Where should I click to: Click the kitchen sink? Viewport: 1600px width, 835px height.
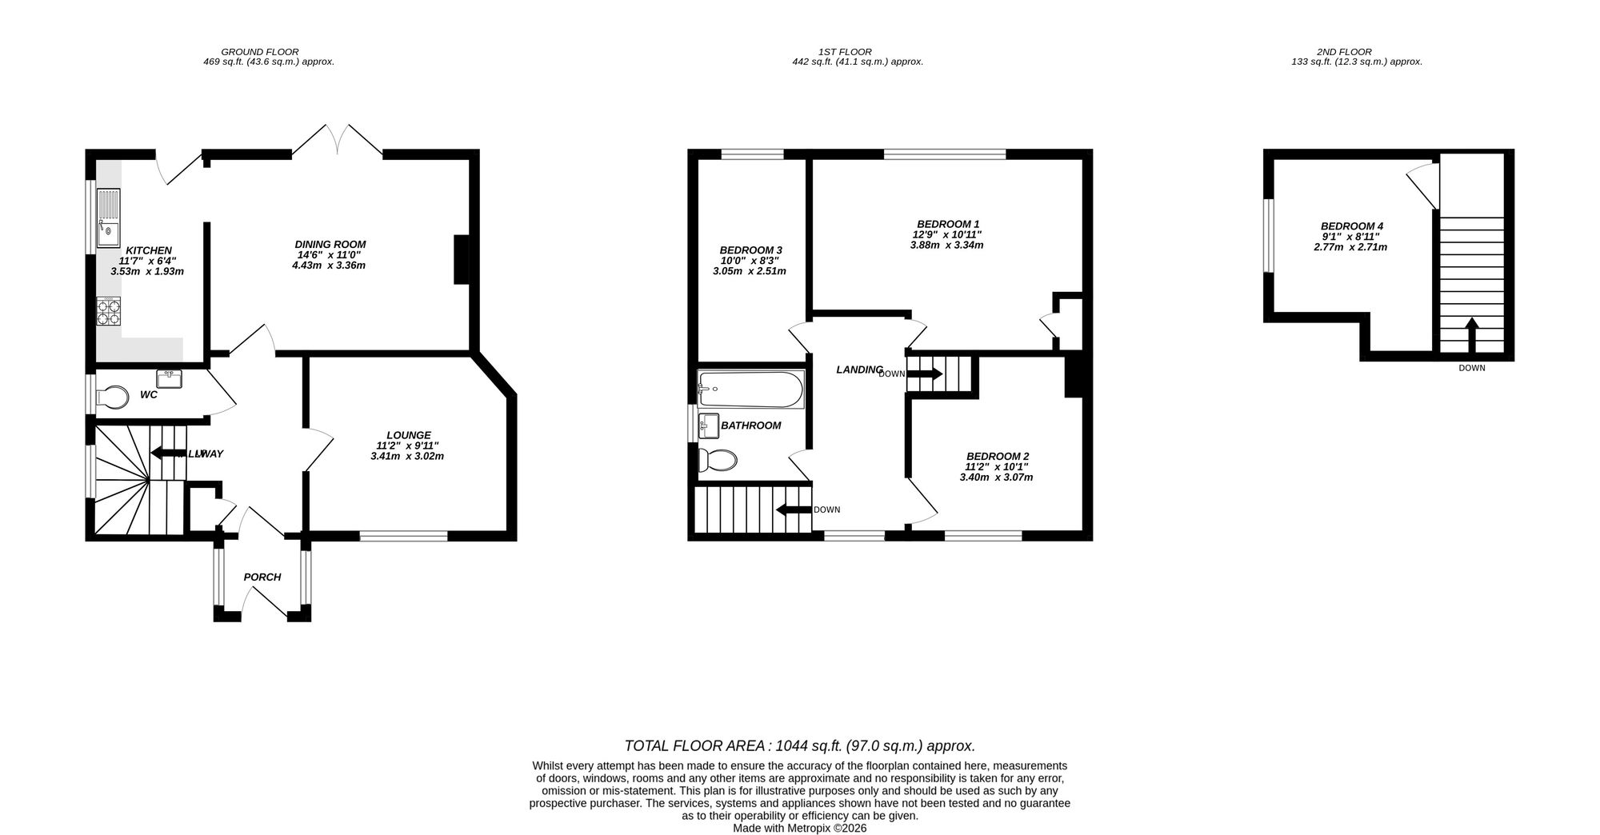108,218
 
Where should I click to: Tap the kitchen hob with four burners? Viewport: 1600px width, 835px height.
109,311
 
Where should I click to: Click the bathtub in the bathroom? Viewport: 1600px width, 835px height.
750,390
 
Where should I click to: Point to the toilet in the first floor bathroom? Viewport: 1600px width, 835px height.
717,461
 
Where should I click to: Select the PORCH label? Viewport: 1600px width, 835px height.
262,577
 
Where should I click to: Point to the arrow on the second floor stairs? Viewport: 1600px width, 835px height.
1471,334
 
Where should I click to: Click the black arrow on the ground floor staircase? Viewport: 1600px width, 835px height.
168,453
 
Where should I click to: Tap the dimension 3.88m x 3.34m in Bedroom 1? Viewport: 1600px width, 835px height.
946,246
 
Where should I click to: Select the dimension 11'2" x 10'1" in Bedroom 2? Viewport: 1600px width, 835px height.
996,466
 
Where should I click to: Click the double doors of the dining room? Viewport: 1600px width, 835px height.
337,140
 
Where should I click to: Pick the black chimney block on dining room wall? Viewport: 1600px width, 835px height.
462,259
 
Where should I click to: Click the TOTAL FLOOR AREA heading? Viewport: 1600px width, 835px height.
799,746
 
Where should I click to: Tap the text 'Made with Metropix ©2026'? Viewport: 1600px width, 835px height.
799,829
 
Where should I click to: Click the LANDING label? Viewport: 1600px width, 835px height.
858,370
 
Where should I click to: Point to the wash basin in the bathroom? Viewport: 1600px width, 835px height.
709,425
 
